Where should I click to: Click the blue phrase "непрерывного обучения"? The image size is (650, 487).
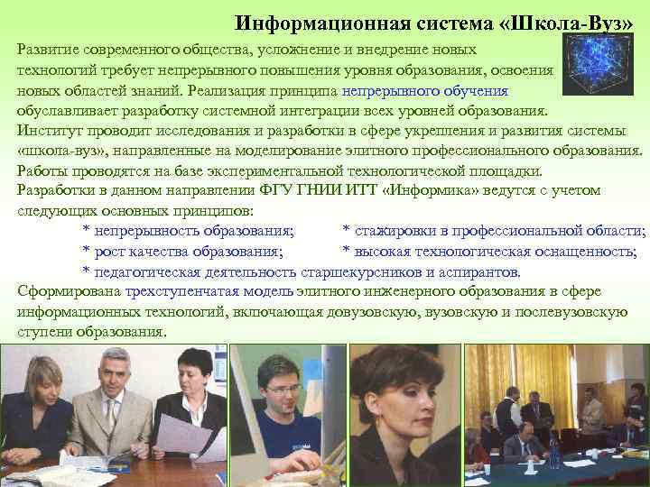(x=425, y=92)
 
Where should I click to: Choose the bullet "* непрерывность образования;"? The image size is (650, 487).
(x=188, y=232)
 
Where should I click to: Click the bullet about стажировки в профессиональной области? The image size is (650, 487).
(x=494, y=232)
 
